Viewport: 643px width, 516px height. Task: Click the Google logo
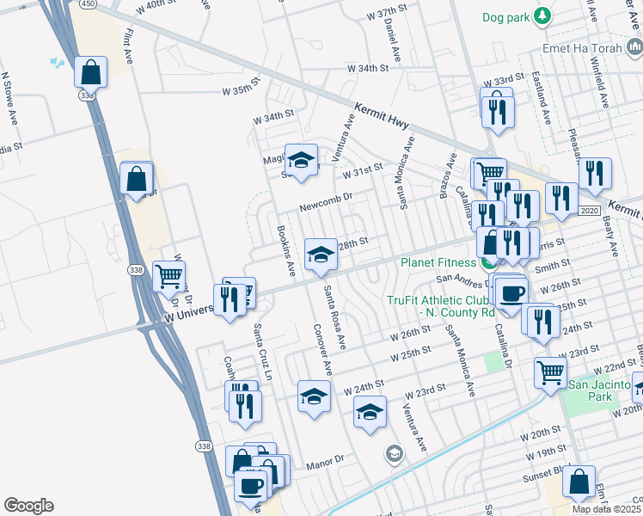click(x=28, y=506)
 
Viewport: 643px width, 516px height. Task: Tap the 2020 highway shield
click(x=589, y=211)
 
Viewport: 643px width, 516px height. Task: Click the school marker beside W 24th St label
click(x=314, y=396)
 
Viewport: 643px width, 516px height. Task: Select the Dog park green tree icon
click(x=542, y=15)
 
